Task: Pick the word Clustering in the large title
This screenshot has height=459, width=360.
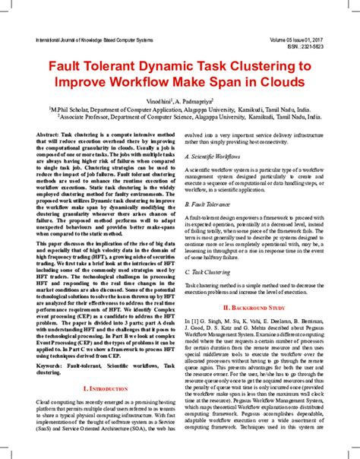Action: click(x=271, y=68)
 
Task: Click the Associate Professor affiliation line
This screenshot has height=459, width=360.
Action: click(x=180, y=118)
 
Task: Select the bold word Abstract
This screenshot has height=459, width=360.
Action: click(x=49, y=134)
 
